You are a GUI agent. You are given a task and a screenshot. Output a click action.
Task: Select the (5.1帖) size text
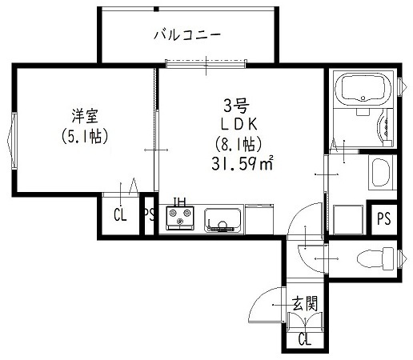[84, 136]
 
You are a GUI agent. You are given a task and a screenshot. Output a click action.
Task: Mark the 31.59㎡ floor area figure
[242, 164]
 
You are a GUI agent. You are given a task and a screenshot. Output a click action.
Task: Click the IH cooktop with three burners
[182, 218]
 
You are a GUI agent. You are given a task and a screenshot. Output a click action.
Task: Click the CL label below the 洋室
[120, 214]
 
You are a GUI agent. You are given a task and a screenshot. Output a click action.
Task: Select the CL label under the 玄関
[305, 340]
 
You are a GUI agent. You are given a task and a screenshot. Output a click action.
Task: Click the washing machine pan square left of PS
[347, 218]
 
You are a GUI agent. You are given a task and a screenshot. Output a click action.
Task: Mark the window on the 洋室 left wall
[14, 140]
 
